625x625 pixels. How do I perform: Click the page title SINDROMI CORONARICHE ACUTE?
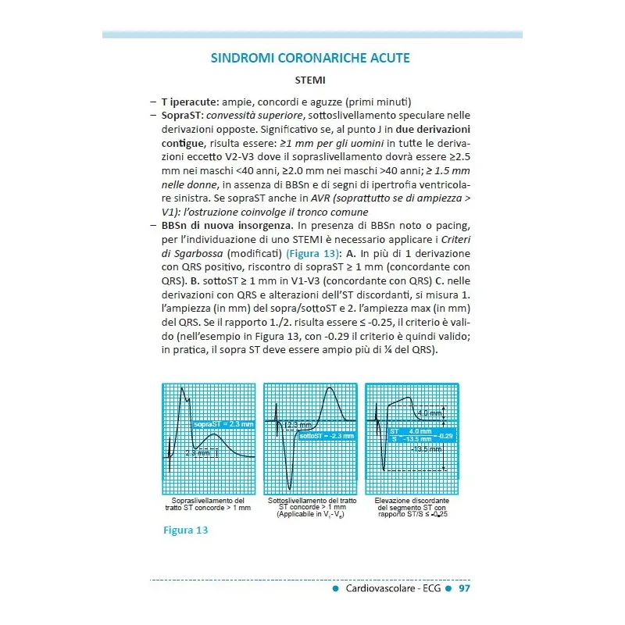click(310, 59)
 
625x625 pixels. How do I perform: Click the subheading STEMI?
click(310, 80)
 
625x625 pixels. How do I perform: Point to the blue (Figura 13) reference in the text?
click(314, 254)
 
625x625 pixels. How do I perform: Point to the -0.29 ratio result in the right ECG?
click(446, 435)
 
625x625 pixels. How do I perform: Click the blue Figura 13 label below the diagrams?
click(185, 530)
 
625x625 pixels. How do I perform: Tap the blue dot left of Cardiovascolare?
click(335, 588)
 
